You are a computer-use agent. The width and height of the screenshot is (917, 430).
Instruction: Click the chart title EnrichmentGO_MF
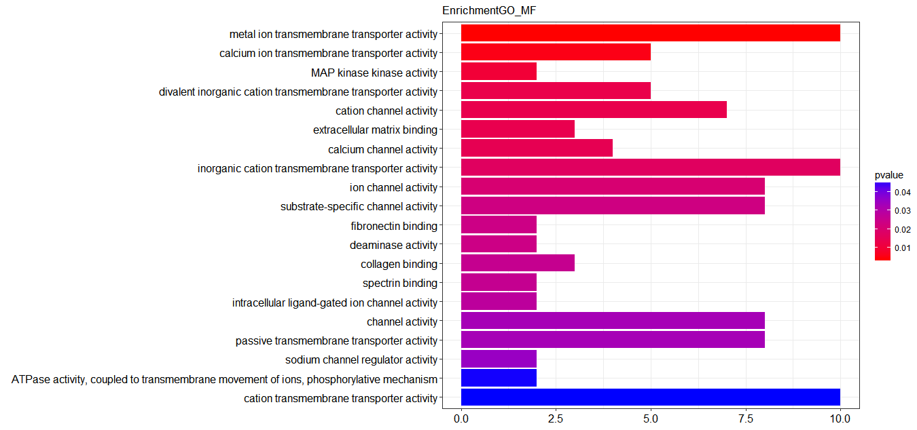point(489,10)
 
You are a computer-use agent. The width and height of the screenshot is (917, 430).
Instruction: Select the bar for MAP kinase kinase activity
point(499,71)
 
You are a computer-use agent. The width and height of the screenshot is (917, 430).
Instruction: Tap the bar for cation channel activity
point(594,110)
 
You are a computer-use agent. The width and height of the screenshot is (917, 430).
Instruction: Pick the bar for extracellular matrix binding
point(518,129)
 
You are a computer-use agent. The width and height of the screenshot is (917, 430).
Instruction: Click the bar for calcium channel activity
point(537,148)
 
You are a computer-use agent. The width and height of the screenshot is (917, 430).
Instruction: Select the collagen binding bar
point(518,263)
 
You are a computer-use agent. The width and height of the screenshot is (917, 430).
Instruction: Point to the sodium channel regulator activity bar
point(499,359)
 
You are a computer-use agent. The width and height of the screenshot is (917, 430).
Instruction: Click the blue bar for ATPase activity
point(499,378)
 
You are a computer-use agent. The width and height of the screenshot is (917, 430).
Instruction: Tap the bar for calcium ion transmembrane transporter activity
point(556,52)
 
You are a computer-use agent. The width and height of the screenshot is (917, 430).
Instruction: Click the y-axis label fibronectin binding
point(394,226)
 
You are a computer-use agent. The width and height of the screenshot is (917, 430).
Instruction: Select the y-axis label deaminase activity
point(393,245)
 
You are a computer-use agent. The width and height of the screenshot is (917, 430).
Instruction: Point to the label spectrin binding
point(400,283)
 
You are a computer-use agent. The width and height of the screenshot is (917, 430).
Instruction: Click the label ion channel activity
point(393,187)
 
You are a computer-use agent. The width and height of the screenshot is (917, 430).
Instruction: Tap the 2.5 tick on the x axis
point(556,418)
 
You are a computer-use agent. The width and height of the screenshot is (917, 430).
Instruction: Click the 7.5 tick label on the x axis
point(746,418)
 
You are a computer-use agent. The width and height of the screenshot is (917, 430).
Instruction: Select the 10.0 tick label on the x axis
point(840,418)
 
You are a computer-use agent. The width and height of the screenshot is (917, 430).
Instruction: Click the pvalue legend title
point(889,175)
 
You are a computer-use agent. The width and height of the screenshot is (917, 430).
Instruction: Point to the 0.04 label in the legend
point(903,193)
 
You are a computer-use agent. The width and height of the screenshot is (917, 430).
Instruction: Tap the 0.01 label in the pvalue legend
point(903,248)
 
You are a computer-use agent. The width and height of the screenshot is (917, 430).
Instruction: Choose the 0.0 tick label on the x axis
point(461,418)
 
